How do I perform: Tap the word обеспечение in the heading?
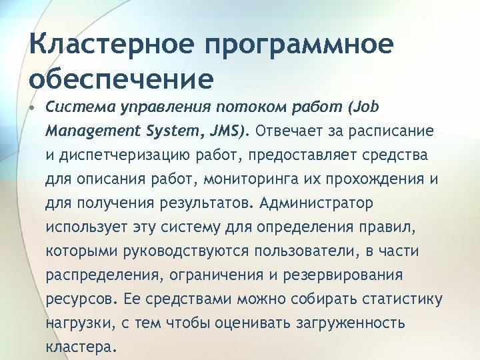121,79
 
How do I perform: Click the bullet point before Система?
33,107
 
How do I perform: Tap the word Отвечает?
286,130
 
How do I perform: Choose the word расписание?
389,130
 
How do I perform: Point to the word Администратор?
316,203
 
